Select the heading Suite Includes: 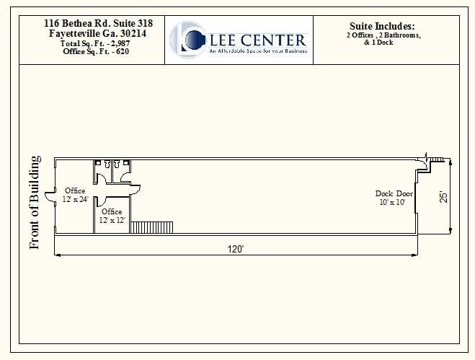tap(382, 26)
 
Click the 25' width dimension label tap(444, 196)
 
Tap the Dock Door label tap(393, 193)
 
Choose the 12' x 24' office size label tap(75, 199)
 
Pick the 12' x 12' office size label tap(112, 220)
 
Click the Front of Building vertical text tap(34, 203)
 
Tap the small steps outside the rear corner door tap(438, 159)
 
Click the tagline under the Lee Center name tap(257, 51)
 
